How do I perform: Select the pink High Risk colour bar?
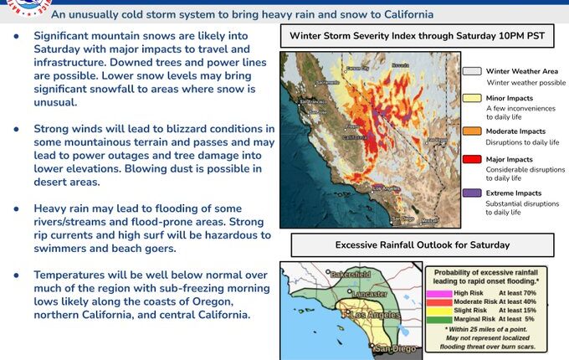click(x=445, y=294)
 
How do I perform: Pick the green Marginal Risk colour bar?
click(x=445, y=319)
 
